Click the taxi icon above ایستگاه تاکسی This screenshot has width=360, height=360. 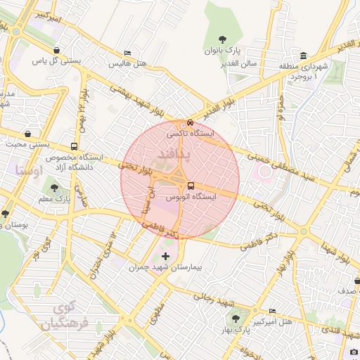click(182, 122)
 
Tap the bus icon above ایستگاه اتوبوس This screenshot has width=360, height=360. click(191, 186)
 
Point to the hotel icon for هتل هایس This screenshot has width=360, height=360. click(127, 53)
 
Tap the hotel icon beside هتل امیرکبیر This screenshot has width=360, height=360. click(272, 311)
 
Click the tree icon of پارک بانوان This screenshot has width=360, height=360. click(223, 39)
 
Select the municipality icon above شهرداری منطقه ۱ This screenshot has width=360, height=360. click(303, 56)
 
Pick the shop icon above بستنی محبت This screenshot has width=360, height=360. click(27, 134)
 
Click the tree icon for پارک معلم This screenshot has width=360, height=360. click(54, 188)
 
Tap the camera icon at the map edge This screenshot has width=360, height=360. click(354, 352)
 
